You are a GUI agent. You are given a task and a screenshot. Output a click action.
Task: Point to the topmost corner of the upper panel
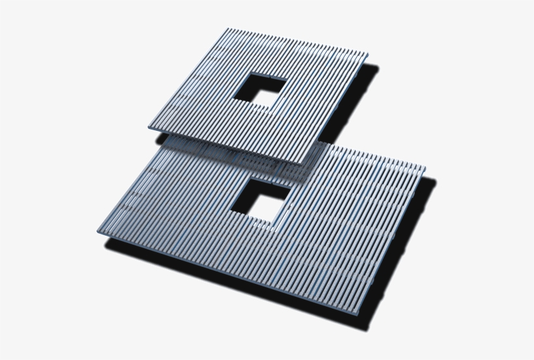[x=227, y=29]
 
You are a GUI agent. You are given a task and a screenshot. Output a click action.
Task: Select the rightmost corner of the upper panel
[x=368, y=55]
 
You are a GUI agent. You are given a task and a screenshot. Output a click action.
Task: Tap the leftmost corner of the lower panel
[x=98, y=231]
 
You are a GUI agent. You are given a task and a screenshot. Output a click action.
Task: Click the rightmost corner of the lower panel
[x=425, y=168]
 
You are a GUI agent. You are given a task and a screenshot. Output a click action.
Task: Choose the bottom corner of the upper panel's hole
[x=266, y=108]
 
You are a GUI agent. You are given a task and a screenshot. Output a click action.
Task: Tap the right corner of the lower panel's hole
[x=288, y=190]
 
